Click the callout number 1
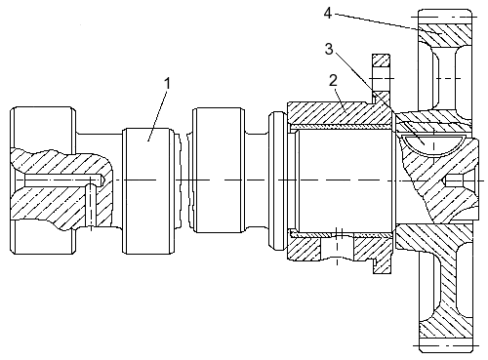pyautogui.click(x=167, y=84)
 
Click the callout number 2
pyautogui.click(x=333, y=80)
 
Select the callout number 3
pyautogui.click(x=329, y=49)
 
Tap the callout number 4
pyautogui.click(x=328, y=14)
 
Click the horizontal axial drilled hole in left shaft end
pyautogui.click(x=63, y=180)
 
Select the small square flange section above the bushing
pyautogui.click(x=381, y=60)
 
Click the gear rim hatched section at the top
pyautogui.click(x=445, y=34)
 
